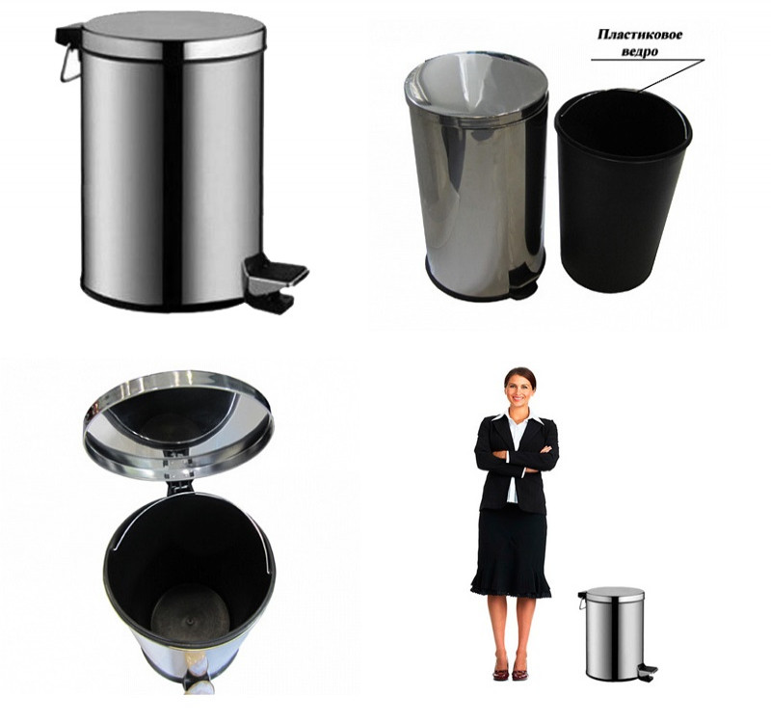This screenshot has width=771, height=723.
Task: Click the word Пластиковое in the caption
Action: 640,35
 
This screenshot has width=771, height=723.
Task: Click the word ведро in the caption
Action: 640,51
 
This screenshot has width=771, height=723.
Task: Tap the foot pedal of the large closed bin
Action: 275,281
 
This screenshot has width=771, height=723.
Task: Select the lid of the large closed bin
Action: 173,35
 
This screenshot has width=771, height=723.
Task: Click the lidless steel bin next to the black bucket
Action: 476,175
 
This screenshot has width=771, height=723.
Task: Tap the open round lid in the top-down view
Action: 178,425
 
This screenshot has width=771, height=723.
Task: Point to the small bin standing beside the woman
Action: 615,634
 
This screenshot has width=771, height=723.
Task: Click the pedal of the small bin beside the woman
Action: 647,672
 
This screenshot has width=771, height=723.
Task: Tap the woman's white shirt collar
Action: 519,418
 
